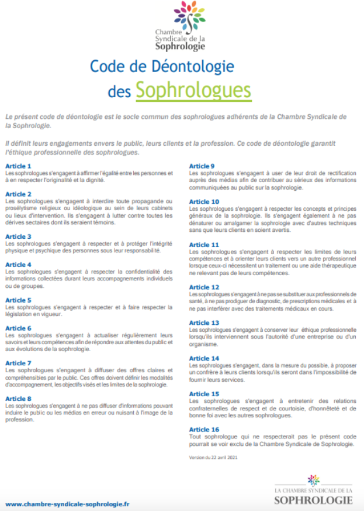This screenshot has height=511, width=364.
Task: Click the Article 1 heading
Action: coord(18,166)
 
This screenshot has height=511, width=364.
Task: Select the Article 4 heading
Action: coord(18,265)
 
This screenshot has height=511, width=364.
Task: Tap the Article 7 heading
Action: coord(18,363)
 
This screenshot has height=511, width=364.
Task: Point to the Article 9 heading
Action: coord(202,166)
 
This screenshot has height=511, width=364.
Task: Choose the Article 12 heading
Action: coord(204,287)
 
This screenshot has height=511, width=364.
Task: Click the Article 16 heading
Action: coord(204,430)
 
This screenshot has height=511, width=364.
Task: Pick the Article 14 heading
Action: coord(204,358)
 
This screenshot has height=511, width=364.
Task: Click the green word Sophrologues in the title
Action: coord(193,90)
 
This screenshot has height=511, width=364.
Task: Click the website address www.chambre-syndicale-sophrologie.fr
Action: coord(67,503)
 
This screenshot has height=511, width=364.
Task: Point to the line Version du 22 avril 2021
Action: coord(214,457)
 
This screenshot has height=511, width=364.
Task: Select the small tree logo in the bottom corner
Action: coord(314,480)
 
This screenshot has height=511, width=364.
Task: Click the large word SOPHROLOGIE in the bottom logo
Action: coord(313,500)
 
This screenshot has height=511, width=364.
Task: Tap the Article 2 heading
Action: coord(18,194)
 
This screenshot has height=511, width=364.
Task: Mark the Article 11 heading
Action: coord(204,245)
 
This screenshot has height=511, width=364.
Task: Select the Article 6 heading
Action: coord(18,328)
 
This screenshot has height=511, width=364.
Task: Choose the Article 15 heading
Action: coord(204,394)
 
